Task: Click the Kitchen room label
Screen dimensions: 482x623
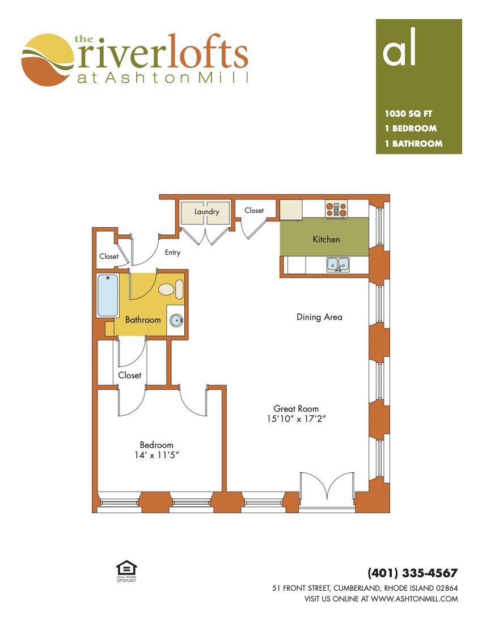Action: (326, 239)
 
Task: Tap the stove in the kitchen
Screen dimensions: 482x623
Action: (336, 209)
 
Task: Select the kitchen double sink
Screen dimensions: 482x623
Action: (338, 264)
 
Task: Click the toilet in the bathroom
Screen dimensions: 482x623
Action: (171, 289)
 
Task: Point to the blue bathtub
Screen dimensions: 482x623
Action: (108, 295)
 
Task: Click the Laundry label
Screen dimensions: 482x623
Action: (206, 212)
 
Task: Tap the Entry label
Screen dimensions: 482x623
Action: (172, 252)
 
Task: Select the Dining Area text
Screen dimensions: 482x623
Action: (319, 317)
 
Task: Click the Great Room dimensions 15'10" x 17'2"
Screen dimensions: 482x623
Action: (296, 419)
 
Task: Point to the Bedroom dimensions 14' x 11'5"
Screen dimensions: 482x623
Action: (157, 455)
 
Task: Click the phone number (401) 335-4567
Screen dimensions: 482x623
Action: (413, 573)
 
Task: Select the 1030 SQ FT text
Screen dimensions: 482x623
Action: (408, 114)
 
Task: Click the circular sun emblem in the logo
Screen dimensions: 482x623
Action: (48, 60)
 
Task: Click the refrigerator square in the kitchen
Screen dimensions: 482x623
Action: (291, 210)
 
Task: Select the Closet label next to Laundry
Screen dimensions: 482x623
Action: (254, 210)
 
